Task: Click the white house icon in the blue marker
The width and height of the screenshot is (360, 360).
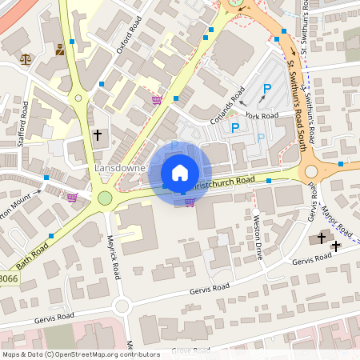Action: pyautogui.click(x=180, y=173)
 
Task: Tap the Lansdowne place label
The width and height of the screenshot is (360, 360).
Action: pyautogui.click(x=120, y=169)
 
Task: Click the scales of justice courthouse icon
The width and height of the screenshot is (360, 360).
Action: pyautogui.click(x=27, y=58)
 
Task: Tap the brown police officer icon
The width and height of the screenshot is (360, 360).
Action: pyautogui.click(x=60, y=50)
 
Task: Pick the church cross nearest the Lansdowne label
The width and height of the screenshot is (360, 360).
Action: pyautogui.click(x=98, y=135)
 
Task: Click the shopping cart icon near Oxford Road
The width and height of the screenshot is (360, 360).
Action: pyautogui.click(x=157, y=100)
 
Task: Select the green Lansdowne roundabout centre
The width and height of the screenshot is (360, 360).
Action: pyautogui.click(x=105, y=198)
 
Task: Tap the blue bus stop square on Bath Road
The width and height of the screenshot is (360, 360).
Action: pyautogui.click(x=51, y=235)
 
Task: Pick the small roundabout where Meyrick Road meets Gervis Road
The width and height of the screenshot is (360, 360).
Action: pyautogui.click(x=121, y=305)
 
